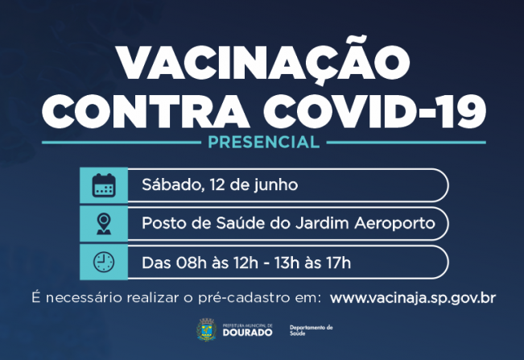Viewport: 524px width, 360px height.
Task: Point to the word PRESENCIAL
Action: (262, 143)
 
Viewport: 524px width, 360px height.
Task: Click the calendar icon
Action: (104, 184)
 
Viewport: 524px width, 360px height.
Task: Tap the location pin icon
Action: (104, 223)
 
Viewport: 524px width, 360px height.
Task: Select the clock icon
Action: (104, 262)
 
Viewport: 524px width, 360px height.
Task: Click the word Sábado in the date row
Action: (167, 184)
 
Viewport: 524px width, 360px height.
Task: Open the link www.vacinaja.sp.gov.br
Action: (412, 297)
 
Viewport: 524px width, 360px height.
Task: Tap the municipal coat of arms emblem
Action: (205, 330)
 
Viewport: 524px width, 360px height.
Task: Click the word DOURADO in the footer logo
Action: (247, 332)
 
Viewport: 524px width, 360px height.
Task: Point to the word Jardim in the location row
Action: (312, 223)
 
